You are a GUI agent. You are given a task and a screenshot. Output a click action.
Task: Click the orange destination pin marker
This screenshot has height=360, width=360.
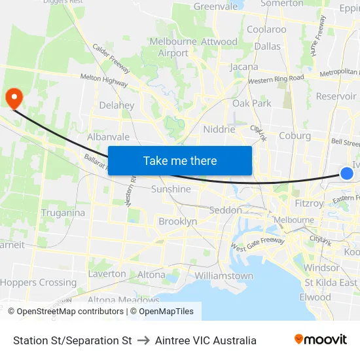coord(14,98)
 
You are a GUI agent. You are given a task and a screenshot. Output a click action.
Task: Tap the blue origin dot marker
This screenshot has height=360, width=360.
coord(347,173)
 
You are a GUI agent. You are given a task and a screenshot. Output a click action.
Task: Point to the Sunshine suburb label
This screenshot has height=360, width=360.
coord(171,189)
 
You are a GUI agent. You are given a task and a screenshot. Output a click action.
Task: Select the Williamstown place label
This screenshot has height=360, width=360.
coord(224,276)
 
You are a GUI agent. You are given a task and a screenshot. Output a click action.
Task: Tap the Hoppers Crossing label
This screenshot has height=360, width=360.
coord(38,283)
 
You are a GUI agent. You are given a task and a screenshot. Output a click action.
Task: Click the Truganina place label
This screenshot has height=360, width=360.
coord(63,213)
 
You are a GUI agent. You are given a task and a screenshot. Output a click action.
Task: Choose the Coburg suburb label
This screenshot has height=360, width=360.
coord(294,135)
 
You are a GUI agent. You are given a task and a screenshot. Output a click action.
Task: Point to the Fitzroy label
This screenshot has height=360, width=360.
coord(309,204)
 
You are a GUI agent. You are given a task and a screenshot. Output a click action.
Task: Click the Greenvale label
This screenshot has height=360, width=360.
coord(215,7)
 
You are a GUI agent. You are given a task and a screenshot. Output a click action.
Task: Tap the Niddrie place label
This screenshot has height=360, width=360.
coord(219,129)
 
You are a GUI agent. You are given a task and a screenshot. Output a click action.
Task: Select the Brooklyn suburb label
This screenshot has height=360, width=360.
coord(177,221)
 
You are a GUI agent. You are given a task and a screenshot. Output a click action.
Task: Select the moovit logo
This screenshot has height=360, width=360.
coord(321,340)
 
